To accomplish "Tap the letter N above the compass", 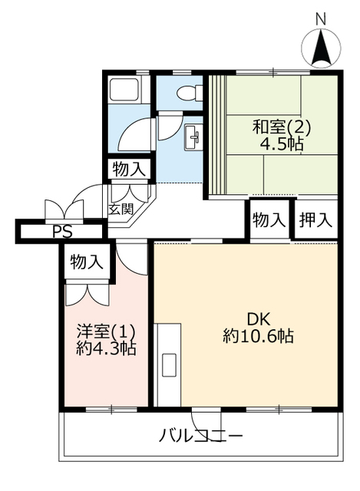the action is click(x=321, y=20).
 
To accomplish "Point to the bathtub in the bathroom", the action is click(x=124, y=90).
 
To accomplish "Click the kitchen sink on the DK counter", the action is click(x=170, y=365).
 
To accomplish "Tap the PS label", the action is click(x=62, y=232).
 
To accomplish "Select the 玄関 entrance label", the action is click(x=121, y=209).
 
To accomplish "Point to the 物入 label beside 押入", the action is click(x=269, y=220).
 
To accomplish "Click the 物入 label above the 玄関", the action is click(x=129, y=170).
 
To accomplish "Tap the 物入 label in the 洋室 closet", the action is click(x=87, y=262).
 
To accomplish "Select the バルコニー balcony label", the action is click(x=201, y=435).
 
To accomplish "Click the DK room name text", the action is click(x=259, y=320).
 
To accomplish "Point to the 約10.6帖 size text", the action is click(x=258, y=337).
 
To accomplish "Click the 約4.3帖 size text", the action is click(x=106, y=348).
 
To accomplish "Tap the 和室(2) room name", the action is click(x=282, y=127).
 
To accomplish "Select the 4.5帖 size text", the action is click(x=282, y=145).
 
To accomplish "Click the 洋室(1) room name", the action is click(x=107, y=331).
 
